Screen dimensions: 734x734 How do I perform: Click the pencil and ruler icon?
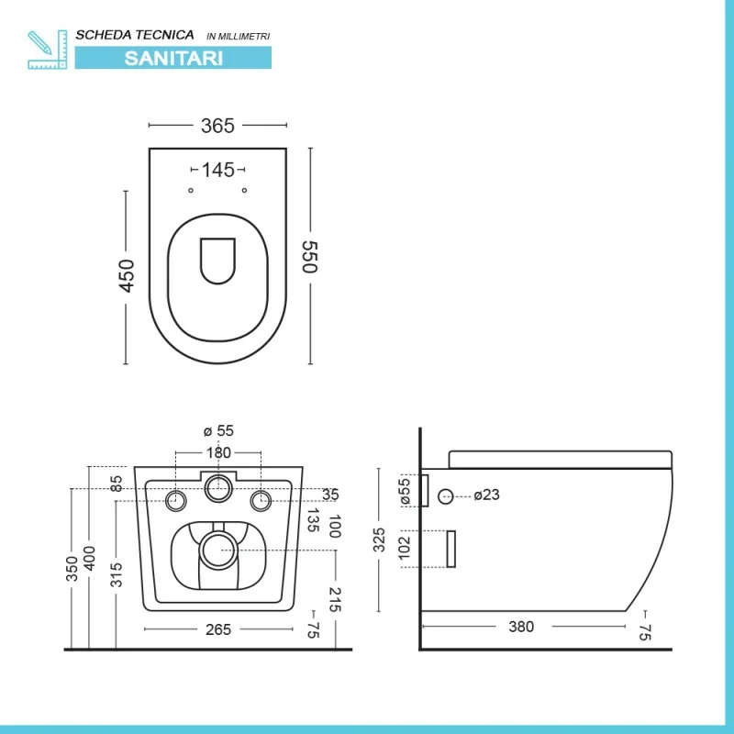click(x=48, y=50)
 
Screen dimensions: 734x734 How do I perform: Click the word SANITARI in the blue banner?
click(x=173, y=59)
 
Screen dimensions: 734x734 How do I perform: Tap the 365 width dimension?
click(x=217, y=126)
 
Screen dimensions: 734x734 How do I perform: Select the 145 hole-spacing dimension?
click(x=217, y=170)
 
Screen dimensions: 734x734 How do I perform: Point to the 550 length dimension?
click(x=310, y=257)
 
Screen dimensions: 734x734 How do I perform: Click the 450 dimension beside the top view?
click(x=127, y=276)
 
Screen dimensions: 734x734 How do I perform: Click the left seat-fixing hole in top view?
click(x=191, y=191)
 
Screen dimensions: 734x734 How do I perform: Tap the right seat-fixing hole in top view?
click(x=244, y=191)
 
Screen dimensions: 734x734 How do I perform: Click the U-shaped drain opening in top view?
click(x=217, y=261)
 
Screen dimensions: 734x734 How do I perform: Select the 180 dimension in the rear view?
click(x=218, y=452)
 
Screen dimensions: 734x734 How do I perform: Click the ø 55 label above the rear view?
click(x=218, y=430)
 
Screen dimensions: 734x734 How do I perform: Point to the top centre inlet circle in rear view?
click(x=218, y=488)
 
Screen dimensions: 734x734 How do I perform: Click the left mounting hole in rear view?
click(x=176, y=501)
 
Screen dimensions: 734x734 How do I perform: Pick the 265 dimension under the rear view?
click(x=218, y=629)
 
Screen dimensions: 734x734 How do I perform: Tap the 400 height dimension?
click(x=89, y=558)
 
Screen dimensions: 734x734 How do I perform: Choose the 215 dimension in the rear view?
click(x=335, y=600)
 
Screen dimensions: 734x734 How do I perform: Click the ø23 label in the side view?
click(x=487, y=495)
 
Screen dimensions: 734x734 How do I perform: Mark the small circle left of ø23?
click(x=445, y=496)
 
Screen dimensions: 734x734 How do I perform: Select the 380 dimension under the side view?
click(x=521, y=627)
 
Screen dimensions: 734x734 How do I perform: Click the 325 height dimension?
click(x=379, y=539)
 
